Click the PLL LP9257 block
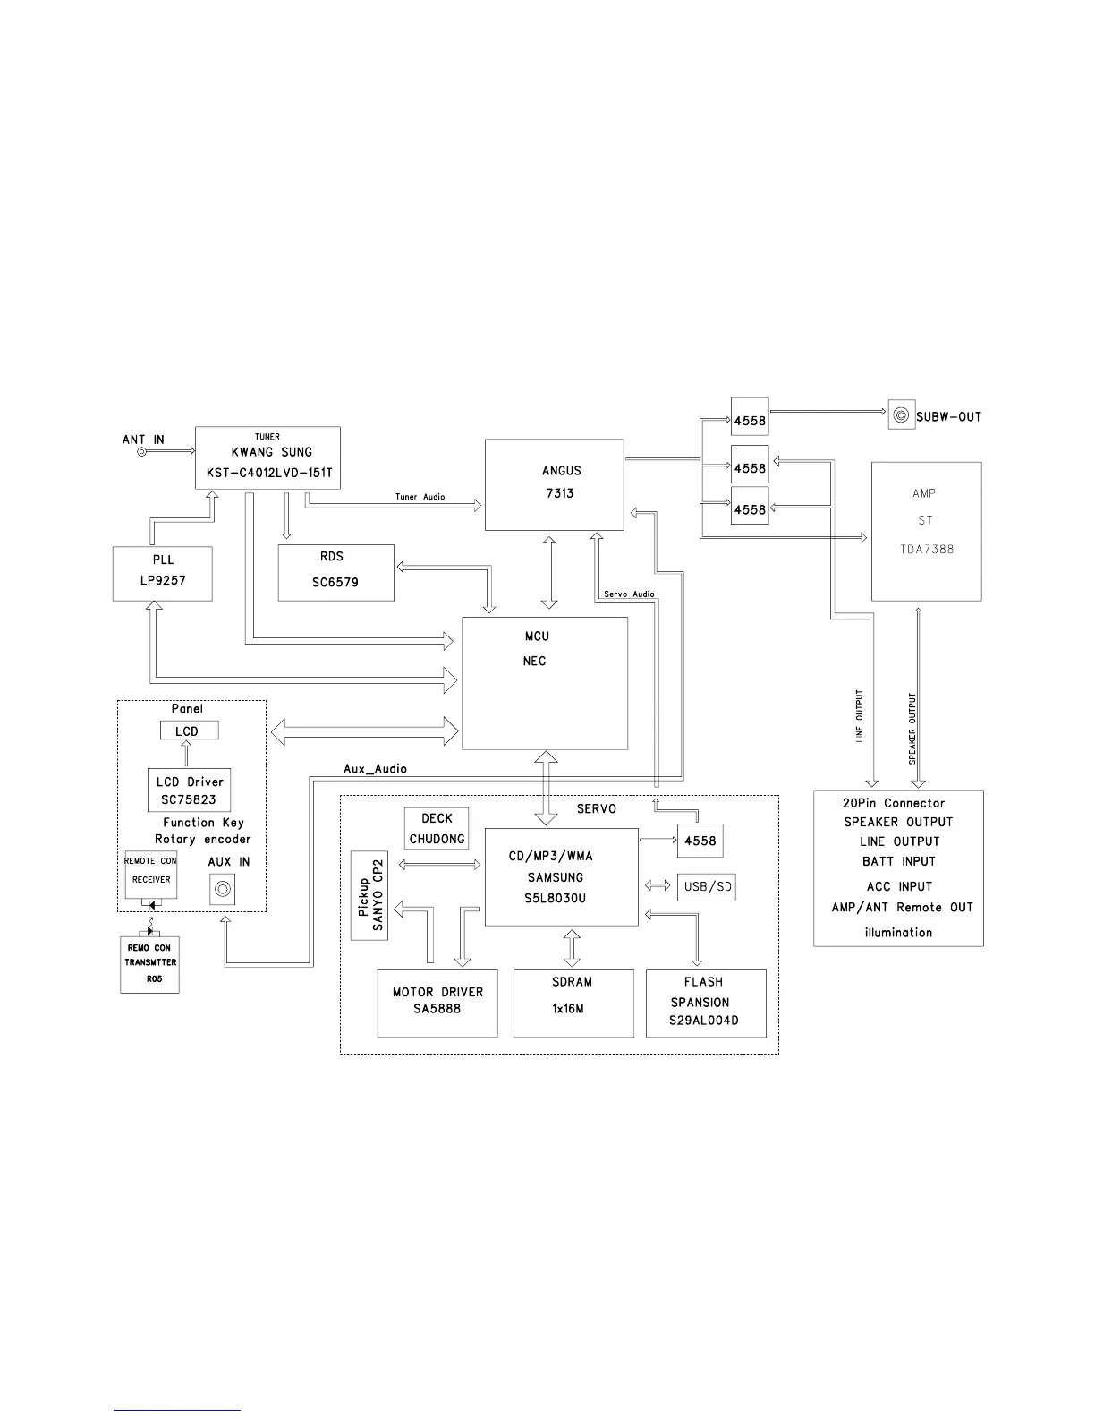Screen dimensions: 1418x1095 point(162,573)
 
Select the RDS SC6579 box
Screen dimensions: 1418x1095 point(335,572)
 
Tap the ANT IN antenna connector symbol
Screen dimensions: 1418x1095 point(141,452)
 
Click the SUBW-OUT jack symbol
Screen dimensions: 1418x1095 point(901,416)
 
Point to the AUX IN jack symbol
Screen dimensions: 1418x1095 point(222,890)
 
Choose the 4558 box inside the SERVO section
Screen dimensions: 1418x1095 point(699,841)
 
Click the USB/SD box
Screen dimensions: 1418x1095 point(707,887)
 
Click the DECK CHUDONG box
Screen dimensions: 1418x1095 point(437,828)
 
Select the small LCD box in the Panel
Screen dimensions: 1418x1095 point(188,731)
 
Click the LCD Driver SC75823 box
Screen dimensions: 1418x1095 point(189,790)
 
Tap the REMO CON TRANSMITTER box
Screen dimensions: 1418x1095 point(149,963)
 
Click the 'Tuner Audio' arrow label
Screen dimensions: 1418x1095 point(420,497)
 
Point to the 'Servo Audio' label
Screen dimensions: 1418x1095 point(629,594)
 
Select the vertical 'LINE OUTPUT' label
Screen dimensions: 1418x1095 point(860,715)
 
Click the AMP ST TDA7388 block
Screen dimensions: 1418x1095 point(926,531)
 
